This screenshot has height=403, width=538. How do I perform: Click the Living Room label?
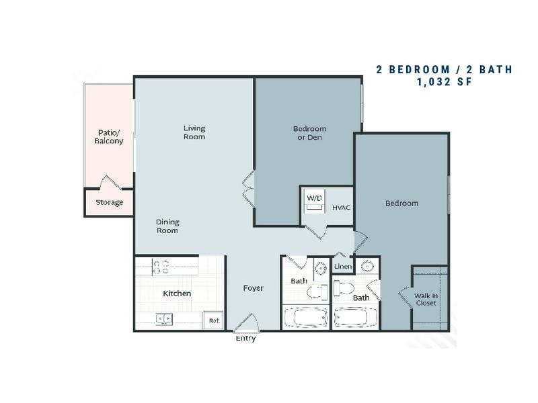coord(194,132)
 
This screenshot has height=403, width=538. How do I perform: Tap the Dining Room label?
coord(167,226)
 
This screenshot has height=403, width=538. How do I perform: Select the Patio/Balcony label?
coord(109,137)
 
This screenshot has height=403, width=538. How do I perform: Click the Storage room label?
coord(109,202)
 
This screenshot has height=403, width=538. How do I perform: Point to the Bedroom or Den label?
coord(309,133)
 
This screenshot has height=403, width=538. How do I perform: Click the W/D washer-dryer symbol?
coord(314,201)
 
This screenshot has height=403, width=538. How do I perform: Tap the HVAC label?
coord(342,208)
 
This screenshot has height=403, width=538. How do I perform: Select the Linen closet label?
coord(343,266)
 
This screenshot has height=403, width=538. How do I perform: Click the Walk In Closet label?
coord(426,300)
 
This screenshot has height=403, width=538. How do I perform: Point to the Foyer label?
coord(254,288)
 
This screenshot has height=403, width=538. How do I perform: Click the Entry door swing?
coord(245,323)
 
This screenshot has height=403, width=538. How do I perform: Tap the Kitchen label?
coord(177,294)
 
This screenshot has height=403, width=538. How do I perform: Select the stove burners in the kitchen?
coord(161,267)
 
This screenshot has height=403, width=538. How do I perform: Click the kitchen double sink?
coord(164,318)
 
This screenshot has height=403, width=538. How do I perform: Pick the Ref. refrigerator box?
coord(214,320)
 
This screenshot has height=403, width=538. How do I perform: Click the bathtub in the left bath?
coord(305,317)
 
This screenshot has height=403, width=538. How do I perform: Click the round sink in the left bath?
coord(321,268)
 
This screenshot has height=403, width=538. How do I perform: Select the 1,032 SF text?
coord(445,82)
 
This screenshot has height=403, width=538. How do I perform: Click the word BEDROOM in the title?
coord(419,70)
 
